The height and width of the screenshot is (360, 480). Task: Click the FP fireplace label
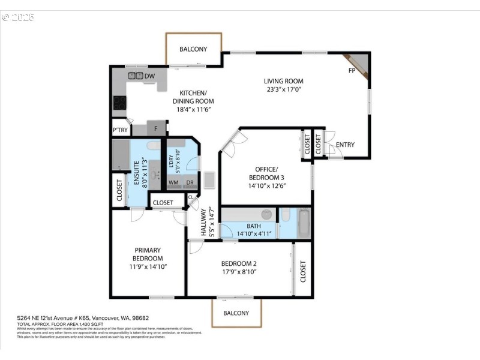click(352, 71)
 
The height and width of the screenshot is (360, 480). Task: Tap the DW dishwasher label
click(149, 76)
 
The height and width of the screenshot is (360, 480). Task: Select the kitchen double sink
click(135, 76)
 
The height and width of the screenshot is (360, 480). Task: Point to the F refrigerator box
click(156, 128)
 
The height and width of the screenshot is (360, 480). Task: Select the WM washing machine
click(173, 182)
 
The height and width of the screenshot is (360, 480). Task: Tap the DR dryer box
click(190, 182)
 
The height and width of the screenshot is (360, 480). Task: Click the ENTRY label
click(345, 145)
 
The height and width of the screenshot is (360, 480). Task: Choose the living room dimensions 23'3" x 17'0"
click(284, 89)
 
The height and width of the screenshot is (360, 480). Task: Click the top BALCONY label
click(193, 49)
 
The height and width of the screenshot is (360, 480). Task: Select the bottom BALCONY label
click(236, 313)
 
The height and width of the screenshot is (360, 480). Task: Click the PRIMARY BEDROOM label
click(147, 254)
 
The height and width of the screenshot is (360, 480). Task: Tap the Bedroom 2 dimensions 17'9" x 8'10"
click(239, 272)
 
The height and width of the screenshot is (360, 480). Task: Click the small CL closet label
click(191, 197)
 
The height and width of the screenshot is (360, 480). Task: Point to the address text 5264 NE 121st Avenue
click(57, 319)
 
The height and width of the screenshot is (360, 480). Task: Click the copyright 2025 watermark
click(18, 17)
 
